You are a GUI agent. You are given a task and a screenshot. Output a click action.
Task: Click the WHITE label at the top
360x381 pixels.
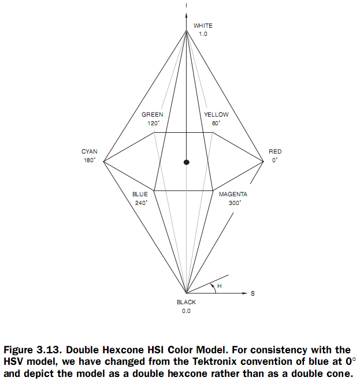tap(203, 25)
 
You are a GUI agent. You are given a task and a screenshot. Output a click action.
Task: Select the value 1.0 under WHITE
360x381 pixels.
tap(202, 34)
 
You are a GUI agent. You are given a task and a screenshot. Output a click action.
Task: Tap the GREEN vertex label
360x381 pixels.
tap(152, 115)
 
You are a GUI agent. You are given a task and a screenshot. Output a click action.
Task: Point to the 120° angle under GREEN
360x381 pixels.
tap(153, 124)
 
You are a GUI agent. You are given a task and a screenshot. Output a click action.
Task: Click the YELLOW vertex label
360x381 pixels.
tap(216, 115)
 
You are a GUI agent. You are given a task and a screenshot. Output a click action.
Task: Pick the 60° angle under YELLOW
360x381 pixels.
tap(216, 124)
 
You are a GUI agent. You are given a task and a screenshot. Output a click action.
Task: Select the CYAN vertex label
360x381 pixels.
tap(89, 152)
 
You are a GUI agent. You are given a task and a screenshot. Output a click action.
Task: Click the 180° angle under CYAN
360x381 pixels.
tap(89, 160)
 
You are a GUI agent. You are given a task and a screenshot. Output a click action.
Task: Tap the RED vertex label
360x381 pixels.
tap(275, 152)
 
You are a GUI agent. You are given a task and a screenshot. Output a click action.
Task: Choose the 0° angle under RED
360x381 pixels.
tap(274, 160)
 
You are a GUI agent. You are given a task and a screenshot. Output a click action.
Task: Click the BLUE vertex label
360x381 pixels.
tap(140, 195)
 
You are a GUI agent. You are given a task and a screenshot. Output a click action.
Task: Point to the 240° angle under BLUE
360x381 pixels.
tap(140, 203)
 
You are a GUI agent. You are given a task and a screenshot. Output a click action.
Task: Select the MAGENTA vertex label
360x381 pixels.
tap(233, 195)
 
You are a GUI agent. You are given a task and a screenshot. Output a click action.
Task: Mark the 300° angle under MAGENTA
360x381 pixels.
tap(233, 203)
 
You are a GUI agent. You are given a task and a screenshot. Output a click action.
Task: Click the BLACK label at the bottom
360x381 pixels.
tap(186, 302)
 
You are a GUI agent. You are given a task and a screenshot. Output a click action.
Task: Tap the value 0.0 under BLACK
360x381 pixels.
tap(186, 311)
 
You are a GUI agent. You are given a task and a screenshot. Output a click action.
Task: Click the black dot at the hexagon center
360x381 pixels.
tap(186, 162)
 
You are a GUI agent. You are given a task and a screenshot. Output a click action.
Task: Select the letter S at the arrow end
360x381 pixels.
tap(252, 294)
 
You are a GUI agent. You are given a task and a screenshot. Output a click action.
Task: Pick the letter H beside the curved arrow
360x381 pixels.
tap(220, 286)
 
